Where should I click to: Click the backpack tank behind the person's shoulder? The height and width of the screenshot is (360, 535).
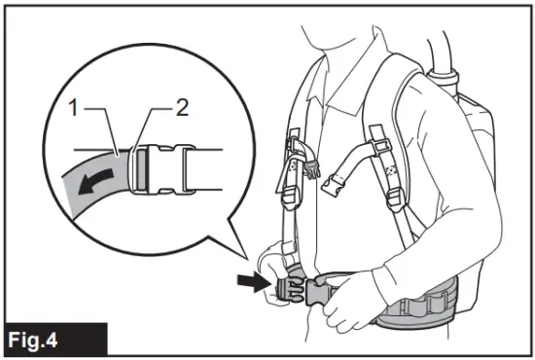[x=477, y=146]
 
